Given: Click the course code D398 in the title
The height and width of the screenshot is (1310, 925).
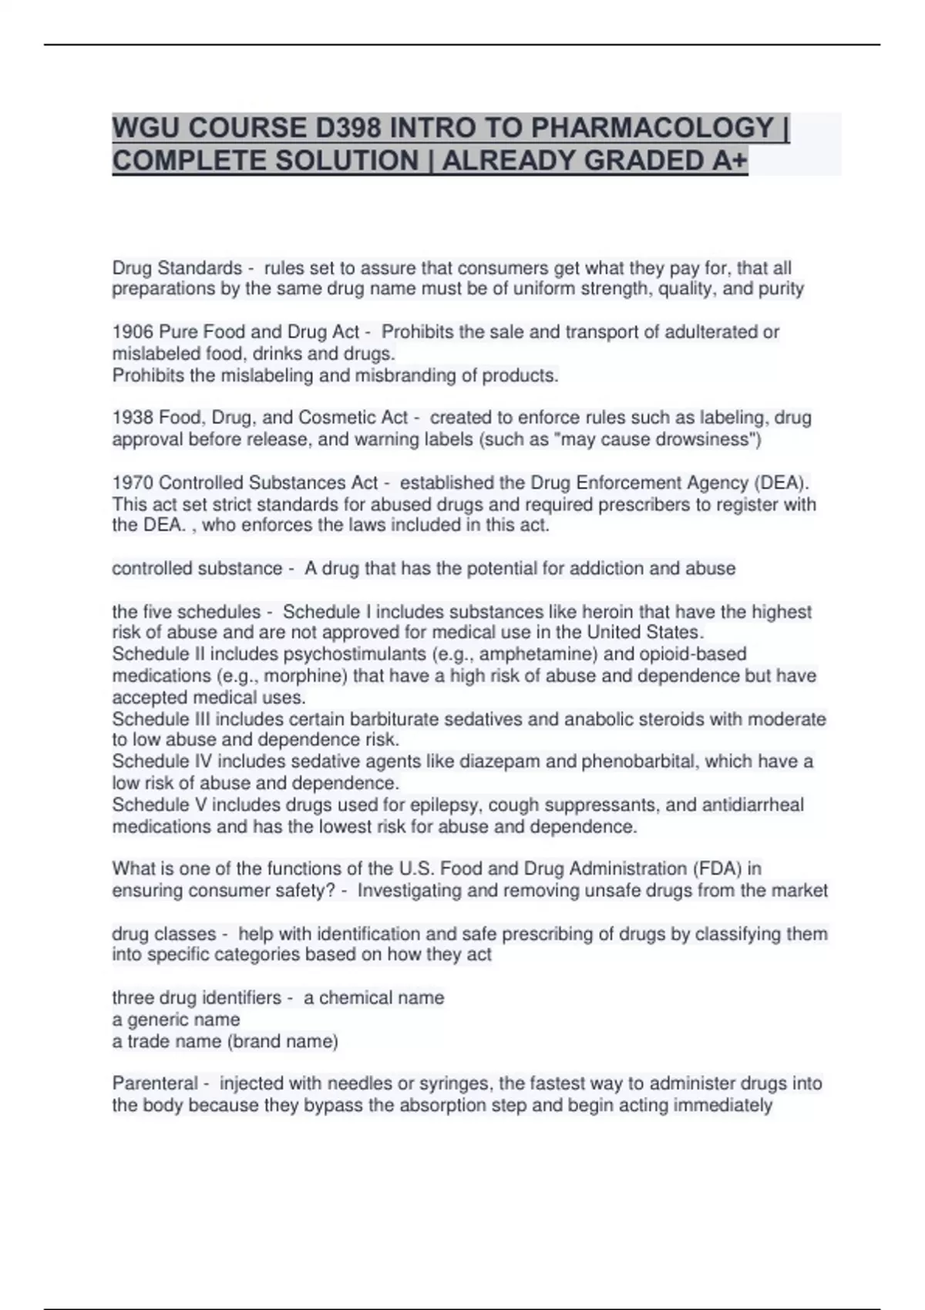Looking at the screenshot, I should [345, 127].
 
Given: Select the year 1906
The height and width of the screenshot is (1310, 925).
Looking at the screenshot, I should [133, 332].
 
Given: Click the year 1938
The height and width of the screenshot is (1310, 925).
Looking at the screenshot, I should [133, 418].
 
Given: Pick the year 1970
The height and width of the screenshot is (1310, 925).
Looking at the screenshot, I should [133, 483].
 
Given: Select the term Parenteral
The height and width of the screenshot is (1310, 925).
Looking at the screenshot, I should [155, 1083].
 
